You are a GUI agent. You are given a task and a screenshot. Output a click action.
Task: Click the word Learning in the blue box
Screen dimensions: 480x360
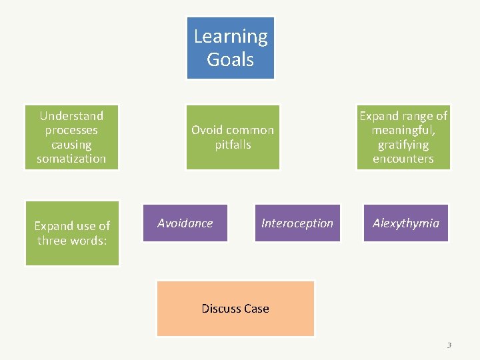tap(231, 37)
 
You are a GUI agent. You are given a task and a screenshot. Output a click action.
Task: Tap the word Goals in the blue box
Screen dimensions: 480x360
tap(231, 59)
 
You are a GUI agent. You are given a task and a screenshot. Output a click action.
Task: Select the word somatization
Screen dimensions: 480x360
tap(71, 159)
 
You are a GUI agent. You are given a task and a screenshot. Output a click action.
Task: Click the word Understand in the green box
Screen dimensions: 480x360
tap(71, 115)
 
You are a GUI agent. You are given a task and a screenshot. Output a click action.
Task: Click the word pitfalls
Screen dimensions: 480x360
tap(233, 144)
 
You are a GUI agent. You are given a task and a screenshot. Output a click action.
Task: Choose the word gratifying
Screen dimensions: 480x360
tap(403, 145)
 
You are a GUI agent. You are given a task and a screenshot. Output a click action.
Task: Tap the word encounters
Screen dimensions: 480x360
tap(403, 159)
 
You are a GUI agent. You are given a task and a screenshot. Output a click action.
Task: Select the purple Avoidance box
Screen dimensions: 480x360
tap(185, 223)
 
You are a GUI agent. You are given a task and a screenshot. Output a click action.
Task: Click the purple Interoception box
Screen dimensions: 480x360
tap(297, 223)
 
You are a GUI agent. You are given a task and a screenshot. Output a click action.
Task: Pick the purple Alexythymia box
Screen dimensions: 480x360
tap(405, 223)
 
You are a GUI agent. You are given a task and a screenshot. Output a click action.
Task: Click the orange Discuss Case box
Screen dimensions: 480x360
tap(235, 308)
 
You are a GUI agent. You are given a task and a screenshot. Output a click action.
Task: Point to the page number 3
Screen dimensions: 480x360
tap(449, 345)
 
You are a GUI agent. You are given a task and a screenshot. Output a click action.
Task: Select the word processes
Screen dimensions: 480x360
tap(71, 130)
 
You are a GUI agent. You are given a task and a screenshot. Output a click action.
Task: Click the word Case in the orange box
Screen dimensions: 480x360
tap(256, 308)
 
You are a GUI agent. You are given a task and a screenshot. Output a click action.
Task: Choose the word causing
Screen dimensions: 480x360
tap(71, 145)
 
